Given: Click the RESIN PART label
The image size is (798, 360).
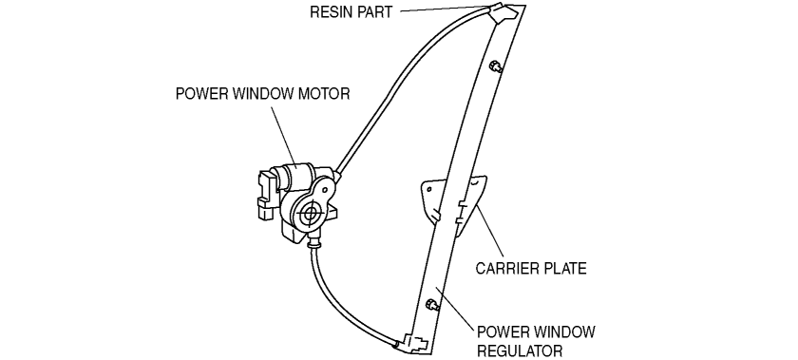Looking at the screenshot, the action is (x=351, y=11).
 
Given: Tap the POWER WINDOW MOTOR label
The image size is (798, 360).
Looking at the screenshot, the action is (x=262, y=94).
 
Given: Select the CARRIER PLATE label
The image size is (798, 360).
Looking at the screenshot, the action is (x=531, y=268).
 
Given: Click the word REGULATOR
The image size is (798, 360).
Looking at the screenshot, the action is (x=520, y=351).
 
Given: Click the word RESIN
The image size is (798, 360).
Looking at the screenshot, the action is (x=332, y=11).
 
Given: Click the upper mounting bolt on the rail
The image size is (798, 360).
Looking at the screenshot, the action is (x=495, y=66).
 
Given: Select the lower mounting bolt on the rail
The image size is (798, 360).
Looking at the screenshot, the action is (x=431, y=306).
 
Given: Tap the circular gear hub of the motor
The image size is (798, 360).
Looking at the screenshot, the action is (x=309, y=215).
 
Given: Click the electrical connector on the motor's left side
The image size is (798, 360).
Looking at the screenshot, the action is (x=266, y=195).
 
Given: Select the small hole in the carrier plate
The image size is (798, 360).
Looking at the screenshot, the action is (x=429, y=189).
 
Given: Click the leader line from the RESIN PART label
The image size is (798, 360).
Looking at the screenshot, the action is (x=445, y=9).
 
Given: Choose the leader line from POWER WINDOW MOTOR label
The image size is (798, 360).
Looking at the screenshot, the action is (x=283, y=136).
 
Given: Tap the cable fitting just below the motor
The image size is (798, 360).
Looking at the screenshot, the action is (x=313, y=239).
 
